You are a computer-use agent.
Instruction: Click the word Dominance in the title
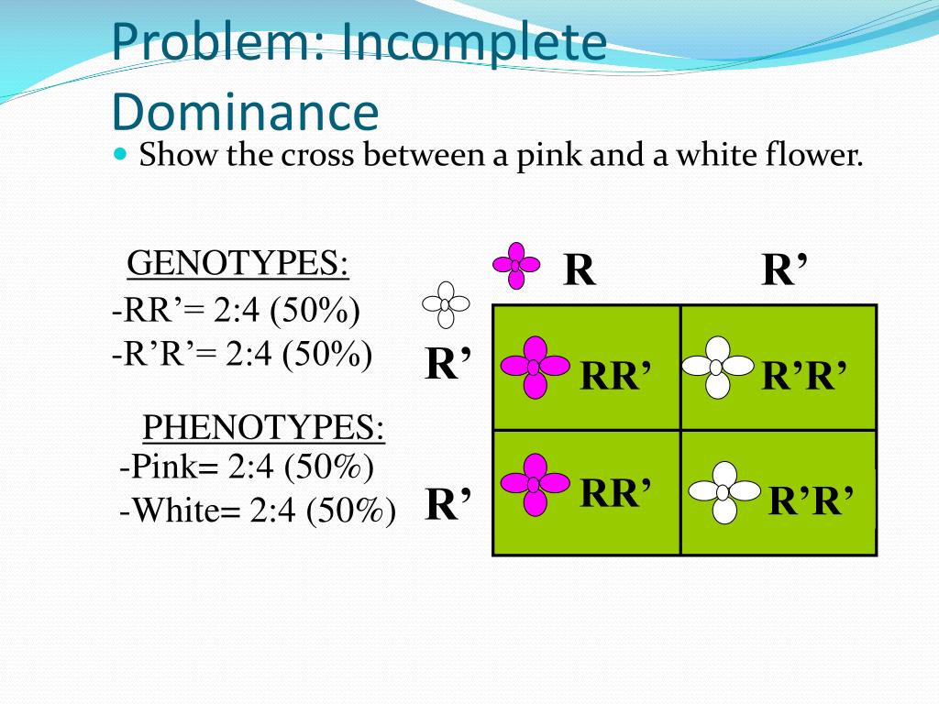pyautogui.click(x=245, y=111)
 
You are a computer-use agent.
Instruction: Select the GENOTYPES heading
pyautogui.click(x=238, y=263)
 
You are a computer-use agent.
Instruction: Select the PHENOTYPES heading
pyautogui.click(x=263, y=427)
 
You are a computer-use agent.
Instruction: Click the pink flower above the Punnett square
pyautogui.click(x=516, y=265)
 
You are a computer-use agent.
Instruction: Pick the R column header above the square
pyautogui.click(x=579, y=270)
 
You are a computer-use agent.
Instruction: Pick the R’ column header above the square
pyautogui.click(x=785, y=270)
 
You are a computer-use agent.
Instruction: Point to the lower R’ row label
pyautogui.click(x=448, y=504)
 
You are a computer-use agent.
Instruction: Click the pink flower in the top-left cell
pyautogui.click(x=533, y=367)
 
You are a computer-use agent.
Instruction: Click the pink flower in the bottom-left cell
pyautogui.click(x=533, y=484)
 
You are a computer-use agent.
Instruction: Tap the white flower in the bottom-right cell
pyautogui.click(x=724, y=492)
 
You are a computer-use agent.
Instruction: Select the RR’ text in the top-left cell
pyautogui.click(x=615, y=376)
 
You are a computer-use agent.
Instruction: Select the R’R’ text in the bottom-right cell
pyautogui.click(x=811, y=501)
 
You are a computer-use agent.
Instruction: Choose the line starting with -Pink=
pyautogui.click(x=247, y=467)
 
